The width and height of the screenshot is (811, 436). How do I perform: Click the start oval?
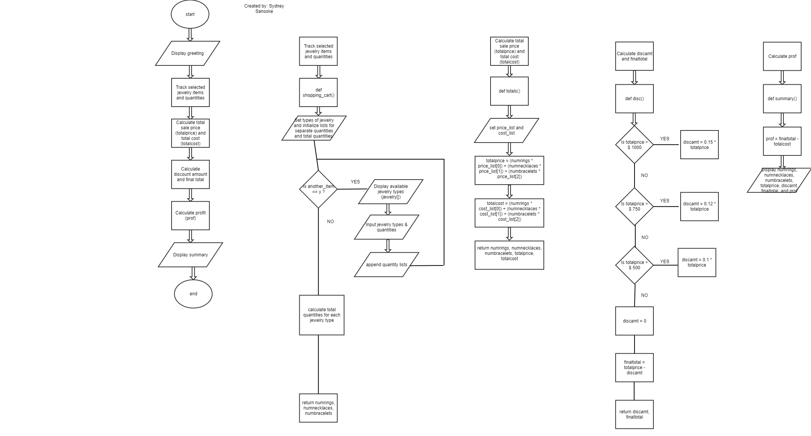point(190,14)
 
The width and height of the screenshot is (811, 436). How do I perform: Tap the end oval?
point(193,294)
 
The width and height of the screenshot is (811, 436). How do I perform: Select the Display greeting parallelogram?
point(187,53)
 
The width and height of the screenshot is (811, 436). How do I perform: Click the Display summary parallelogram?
point(190,255)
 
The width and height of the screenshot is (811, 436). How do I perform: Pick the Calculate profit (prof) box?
point(190,216)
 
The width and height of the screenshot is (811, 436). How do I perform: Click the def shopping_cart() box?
point(318,93)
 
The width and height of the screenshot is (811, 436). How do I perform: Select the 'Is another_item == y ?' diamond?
point(318,189)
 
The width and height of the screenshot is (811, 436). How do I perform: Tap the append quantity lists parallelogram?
point(387,265)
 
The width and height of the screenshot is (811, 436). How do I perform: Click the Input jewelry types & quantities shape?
point(387,227)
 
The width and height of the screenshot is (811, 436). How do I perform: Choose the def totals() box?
point(509,91)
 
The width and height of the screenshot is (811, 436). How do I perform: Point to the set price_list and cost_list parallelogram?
point(506,130)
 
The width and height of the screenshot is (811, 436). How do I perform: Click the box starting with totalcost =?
point(509,213)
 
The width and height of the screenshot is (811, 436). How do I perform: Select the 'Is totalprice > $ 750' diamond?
point(635,206)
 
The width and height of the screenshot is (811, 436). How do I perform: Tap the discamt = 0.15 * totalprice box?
point(700,145)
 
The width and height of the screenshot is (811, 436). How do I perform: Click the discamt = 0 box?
point(635,321)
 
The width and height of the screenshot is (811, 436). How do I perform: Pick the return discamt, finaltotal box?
point(635,414)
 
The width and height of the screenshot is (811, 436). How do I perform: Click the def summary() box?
point(782,99)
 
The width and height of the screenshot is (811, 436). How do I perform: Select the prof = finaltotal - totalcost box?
point(782,141)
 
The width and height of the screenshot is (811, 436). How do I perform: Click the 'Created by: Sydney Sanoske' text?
point(264,9)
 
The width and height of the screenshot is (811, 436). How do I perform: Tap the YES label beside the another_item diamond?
point(355,182)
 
